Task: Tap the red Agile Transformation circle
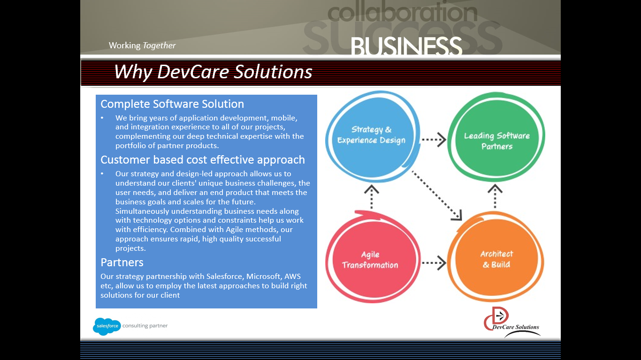tap(371, 259)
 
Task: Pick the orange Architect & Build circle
tap(496, 259)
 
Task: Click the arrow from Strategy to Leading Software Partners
tap(433, 139)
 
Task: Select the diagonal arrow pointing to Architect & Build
tap(437, 195)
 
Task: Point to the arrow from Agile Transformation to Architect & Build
tap(433, 263)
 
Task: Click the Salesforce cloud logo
tap(107, 326)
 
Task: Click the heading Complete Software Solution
tap(172, 104)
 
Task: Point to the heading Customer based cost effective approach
tap(203, 160)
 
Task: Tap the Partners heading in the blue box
tap(122, 262)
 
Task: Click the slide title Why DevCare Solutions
tap(213, 72)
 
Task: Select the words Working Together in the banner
tap(142, 45)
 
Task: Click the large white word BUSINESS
tap(406, 47)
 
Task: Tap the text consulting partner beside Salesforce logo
tap(145, 326)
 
